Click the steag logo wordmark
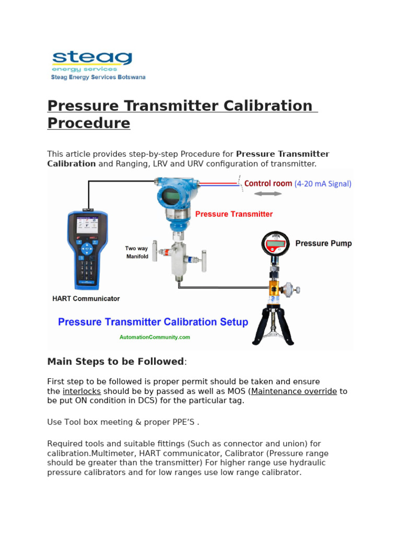tap(91, 57)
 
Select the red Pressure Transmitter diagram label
tap(234, 214)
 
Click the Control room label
tap(268, 183)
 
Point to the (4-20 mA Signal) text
tap(323, 184)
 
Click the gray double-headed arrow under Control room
tap(268, 194)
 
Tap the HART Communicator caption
tap(86, 299)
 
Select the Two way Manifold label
tap(137, 252)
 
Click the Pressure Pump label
tap(324, 243)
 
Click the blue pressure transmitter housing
tap(171, 195)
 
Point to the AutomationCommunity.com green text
tap(155, 338)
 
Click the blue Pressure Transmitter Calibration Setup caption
tap(153, 322)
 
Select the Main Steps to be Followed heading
tap(115, 362)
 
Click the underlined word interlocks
tap(81, 391)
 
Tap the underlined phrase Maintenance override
tap(294, 391)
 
